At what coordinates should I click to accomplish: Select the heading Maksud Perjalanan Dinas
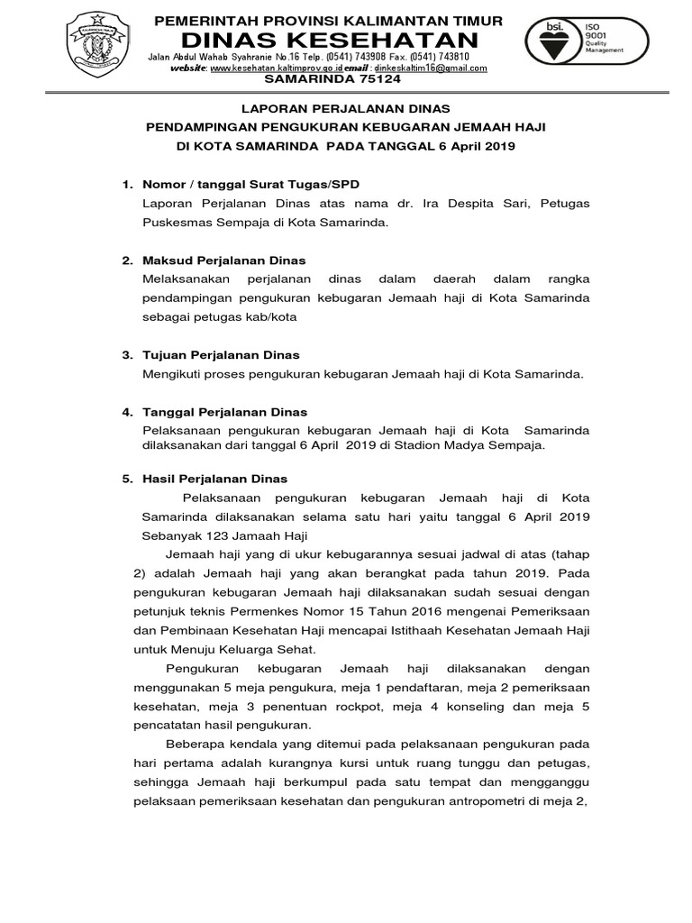point(224,260)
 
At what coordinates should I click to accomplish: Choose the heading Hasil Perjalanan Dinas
point(215,479)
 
